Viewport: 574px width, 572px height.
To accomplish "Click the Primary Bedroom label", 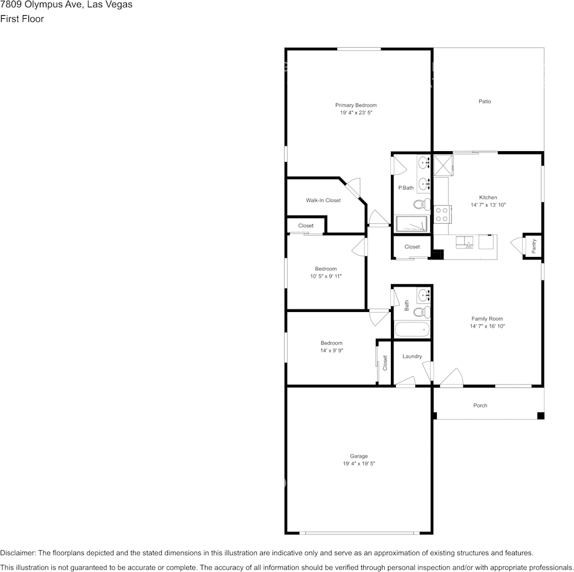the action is (x=356, y=105).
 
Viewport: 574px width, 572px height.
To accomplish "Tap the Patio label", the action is (x=485, y=101).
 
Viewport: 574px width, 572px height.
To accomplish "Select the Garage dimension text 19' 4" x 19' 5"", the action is (x=359, y=464).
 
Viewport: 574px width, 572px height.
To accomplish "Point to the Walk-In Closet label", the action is (x=323, y=200).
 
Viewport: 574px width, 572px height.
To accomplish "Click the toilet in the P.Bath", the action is (x=422, y=204).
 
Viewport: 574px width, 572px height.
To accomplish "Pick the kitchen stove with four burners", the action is (x=442, y=215).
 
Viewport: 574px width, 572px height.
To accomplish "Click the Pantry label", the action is (x=534, y=246).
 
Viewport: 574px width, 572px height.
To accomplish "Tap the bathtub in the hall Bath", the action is (x=412, y=330).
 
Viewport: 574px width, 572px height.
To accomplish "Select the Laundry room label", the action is (x=412, y=356).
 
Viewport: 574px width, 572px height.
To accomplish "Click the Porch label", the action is (x=480, y=405).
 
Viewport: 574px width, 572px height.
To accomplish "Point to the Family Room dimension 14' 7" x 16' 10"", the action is (x=487, y=326).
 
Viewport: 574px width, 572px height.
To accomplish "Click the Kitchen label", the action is (x=488, y=197).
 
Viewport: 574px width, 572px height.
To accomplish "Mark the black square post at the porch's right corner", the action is (x=541, y=415).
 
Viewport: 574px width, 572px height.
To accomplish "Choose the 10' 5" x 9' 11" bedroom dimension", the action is (x=326, y=276).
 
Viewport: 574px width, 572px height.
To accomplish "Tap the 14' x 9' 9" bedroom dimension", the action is (x=332, y=350).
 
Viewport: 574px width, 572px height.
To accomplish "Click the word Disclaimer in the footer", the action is (x=17, y=553).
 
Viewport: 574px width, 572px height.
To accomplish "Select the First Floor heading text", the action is (x=22, y=19).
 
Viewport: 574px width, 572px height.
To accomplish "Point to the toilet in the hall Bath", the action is (x=422, y=312).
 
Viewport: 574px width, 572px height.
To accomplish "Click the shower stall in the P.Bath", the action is (x=412, y=224).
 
